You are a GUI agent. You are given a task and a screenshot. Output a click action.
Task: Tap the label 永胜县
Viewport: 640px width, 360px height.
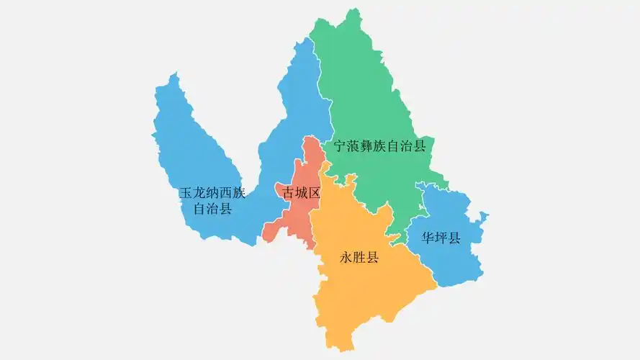pyautogui.click(x=359, y=257)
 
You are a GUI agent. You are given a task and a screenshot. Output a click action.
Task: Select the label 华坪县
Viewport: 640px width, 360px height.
pyautogui.click(x=441, y=238)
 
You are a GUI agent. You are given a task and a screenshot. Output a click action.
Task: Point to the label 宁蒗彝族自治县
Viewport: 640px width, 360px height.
pyautogui.click(x=379, y=146)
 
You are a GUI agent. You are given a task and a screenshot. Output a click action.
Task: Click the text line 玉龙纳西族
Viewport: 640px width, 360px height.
pyautogui.click(x=212, y=194)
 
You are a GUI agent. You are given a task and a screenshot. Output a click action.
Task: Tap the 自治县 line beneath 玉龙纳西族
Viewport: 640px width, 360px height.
pyautogui.click(x=213, y=210)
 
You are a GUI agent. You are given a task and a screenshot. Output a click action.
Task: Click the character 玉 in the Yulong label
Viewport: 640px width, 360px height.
pyautogui.click(x=185, y=194)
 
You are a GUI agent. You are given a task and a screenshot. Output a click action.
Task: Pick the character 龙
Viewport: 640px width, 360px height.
pyautogui.click(x=199, y=194)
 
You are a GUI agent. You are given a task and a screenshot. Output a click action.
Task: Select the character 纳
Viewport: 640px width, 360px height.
pyautogui.click(x=212, y=194)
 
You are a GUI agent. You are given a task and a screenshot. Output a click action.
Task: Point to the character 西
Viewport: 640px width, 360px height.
pyautogui.click(x=226, y=194)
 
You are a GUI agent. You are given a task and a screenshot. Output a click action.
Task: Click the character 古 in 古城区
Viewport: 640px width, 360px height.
pyautogui.click(x=283, y=193)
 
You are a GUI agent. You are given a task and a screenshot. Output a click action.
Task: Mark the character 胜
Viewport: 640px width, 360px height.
pyautogui.click(x=359, y=257)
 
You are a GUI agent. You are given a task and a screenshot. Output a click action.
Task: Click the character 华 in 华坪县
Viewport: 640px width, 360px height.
pyautogui.click(x=428, y=238)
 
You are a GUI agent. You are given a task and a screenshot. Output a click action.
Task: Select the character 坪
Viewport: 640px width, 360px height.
pyautogui.click(x=441, y=238)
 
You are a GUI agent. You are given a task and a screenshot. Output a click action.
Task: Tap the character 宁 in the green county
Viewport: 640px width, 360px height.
pyautogui.click(x=339, y=146)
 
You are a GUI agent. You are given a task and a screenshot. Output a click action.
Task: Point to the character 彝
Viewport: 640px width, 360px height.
pyautogui.click(x=366, y=146)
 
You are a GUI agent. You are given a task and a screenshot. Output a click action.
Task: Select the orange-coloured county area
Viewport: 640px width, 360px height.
pyautogui.click(x=367, y=288)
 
